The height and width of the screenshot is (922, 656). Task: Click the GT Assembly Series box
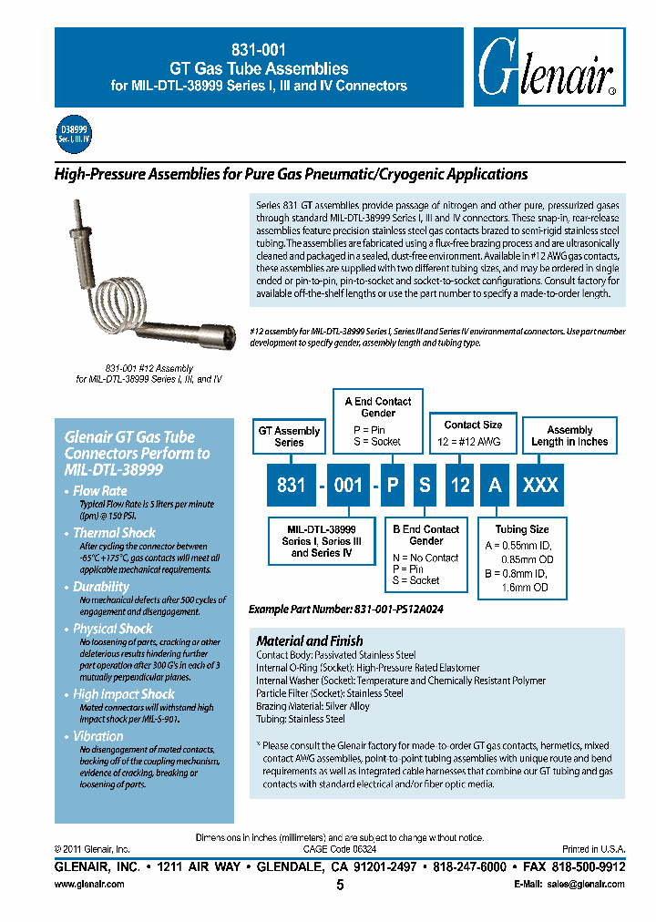click(x=290, y=436)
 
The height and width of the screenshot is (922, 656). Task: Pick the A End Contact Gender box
click(x=378, y=420)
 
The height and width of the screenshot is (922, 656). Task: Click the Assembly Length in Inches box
click(x=569, y=435)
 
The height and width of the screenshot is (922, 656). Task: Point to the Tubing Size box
click(x=521, y=558)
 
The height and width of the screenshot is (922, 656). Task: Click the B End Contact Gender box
click(x=425, y=554)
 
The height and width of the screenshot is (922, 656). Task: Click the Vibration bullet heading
click(x=98, y=736)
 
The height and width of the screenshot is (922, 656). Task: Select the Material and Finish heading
click(x=310, y=640)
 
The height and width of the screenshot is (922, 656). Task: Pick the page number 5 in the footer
click(x=340, y=886)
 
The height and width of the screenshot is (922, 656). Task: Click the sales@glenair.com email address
click(x=588, y=885)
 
